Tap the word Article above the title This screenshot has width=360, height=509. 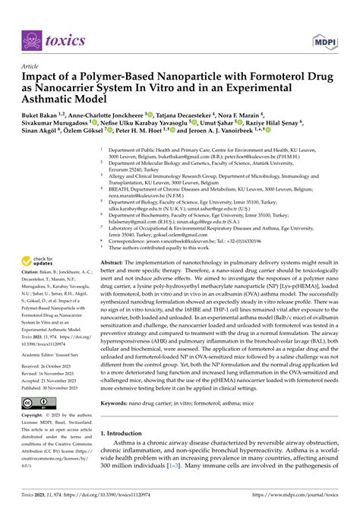click(32, 67)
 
